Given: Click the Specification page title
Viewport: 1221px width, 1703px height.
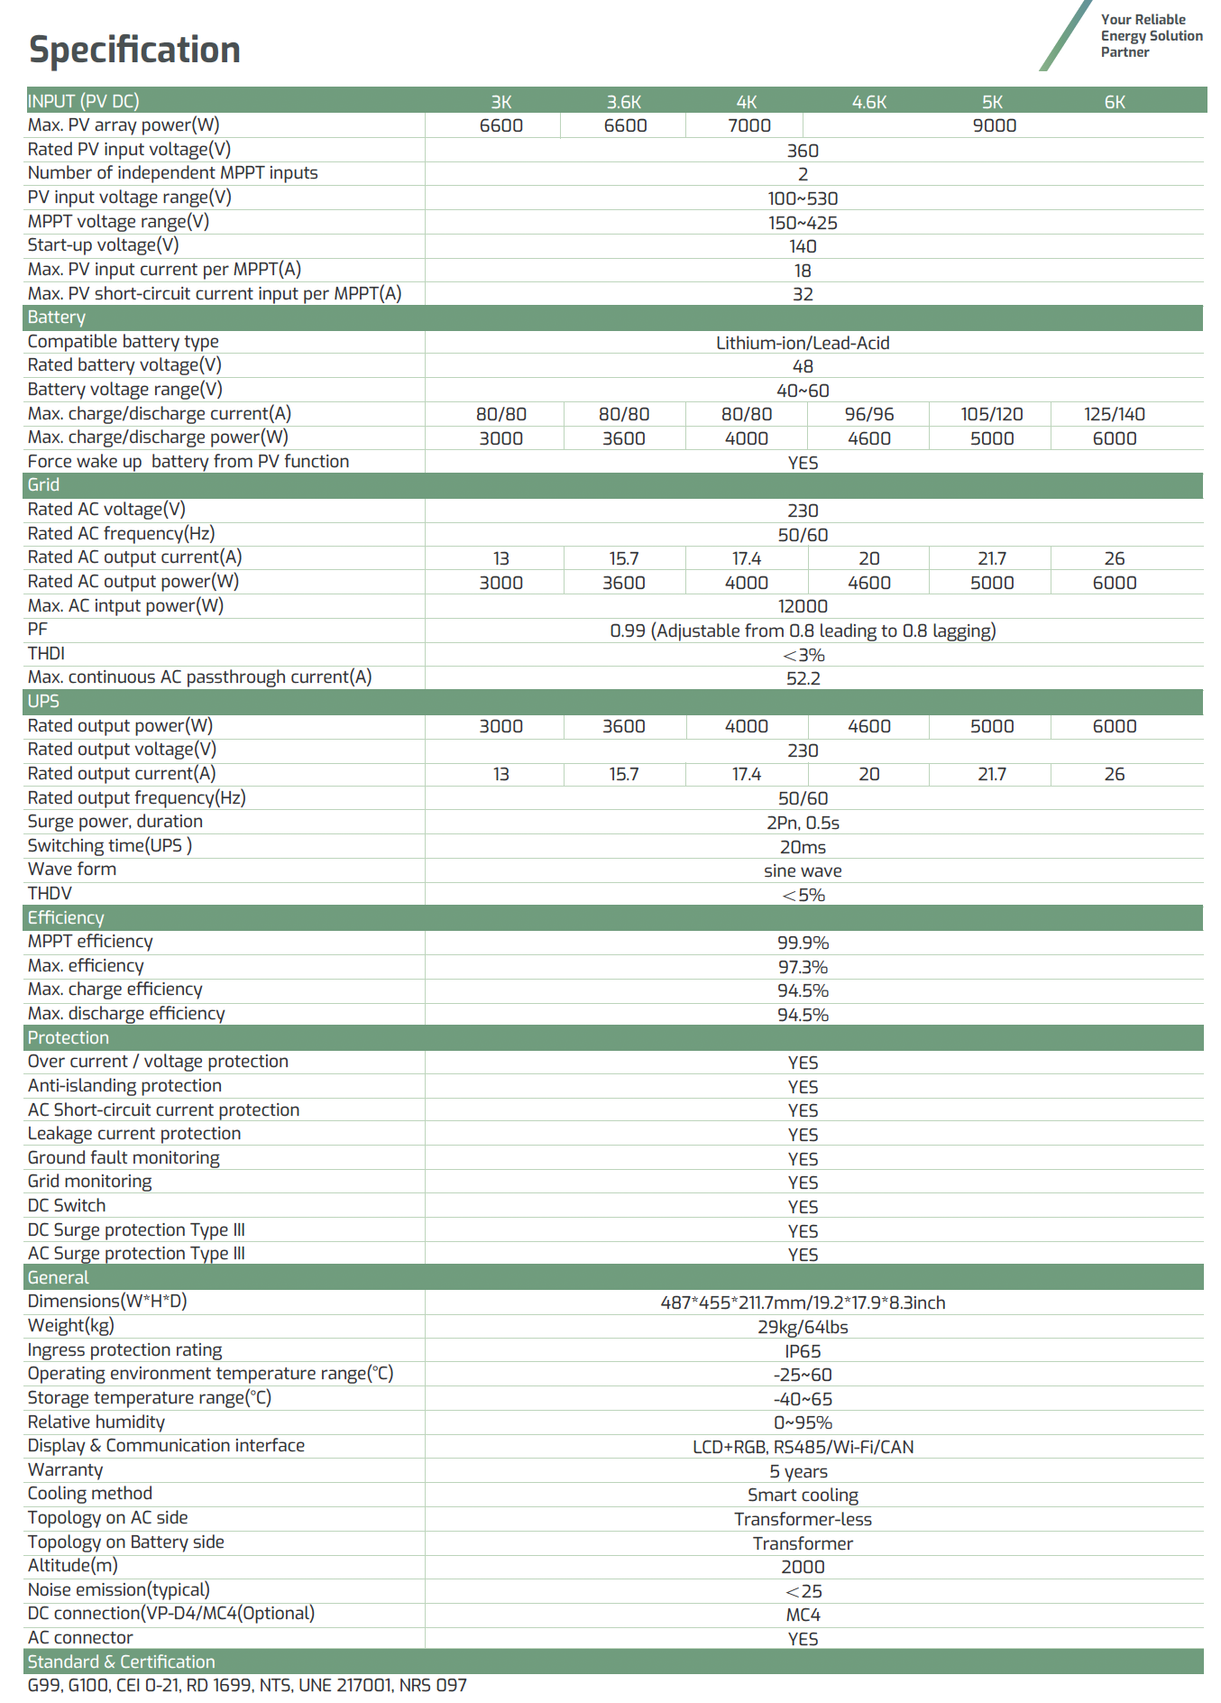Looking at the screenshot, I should tap(134, 50).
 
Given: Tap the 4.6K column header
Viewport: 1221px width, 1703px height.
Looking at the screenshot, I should tap(869, 102).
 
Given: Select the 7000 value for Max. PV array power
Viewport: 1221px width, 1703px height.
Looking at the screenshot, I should tap(748, 125).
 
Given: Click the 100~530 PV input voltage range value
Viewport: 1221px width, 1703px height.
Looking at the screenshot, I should tap(803, 198).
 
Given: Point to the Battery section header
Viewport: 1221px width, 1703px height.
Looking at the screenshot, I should tap(57, 318).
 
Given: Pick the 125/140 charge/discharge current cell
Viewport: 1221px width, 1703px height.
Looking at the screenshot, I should tap(1114, 414).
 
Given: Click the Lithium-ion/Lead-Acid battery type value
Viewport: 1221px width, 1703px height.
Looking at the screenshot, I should tap(803, 343).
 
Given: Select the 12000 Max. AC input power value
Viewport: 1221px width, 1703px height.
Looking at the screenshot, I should tap(803, 606).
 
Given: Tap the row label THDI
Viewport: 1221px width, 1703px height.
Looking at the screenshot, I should tap(46, 653).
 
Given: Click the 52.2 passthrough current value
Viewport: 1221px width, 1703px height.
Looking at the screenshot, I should tap(803, 678).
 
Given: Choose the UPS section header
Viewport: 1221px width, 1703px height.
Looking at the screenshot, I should tap(43, 702).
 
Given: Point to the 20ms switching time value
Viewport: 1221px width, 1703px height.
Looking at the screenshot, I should tap(803, 847).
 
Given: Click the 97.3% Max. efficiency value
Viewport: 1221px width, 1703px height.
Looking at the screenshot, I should tap(803, 967).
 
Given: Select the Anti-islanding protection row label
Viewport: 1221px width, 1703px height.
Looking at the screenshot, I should tap(124, 1086).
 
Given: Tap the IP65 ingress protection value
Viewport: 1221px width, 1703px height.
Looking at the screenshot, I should tap(803, 1351).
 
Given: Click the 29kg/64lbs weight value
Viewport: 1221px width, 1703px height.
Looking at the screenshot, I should tap(803, 1327).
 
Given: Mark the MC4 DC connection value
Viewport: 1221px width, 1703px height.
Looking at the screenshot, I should tap(803, 1615).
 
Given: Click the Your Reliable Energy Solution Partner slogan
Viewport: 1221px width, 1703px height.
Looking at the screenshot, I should tap(1151, 36).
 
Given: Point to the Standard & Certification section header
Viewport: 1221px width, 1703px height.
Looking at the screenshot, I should tap(122, 1662).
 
